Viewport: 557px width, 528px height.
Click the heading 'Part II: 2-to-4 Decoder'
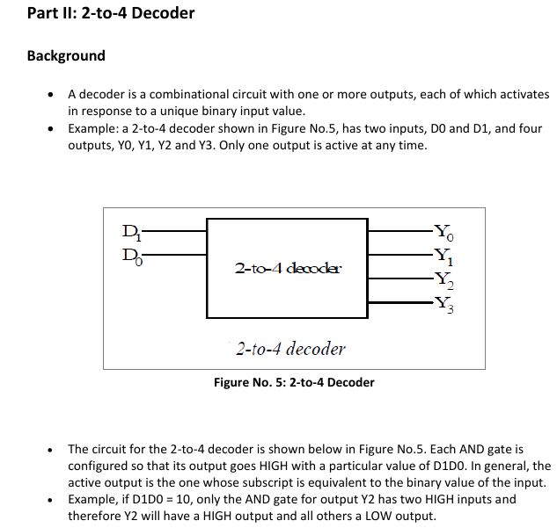pyautogui.click(x=111, y=13)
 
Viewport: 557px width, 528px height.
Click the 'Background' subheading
pyautogui.click(x=66, y=56)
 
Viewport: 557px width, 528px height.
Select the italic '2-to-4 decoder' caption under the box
pyautogui.click(x=290, y=349)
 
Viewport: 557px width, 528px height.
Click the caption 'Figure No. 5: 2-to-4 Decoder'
pyautogui.click(x=294, y=382)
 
